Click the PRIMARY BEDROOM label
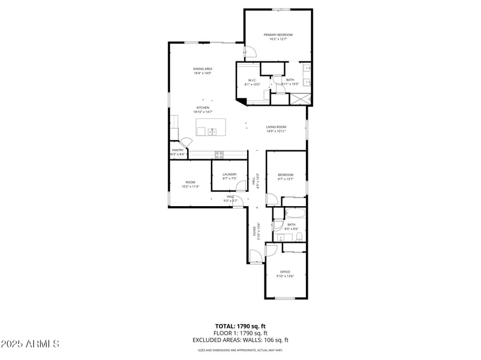[x=278, y=35]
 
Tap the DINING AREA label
[x=203, y=69]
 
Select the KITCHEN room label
[x=203, y=108]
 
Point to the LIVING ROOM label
[x=276, y=127]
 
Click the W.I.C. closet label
[x=253, y=81]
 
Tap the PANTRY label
[x=177, y=150]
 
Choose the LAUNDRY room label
[x=230, y=174]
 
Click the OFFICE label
[x=285, y=272]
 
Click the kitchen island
[x=211, y=127]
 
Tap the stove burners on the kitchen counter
[x=219, y=154]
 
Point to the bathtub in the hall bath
[x=295, y=213]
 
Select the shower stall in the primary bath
[x=299, y=98]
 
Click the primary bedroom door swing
[x=250, y=52]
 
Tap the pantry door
[x=186, y=142]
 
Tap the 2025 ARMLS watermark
[x=30, y=344]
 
